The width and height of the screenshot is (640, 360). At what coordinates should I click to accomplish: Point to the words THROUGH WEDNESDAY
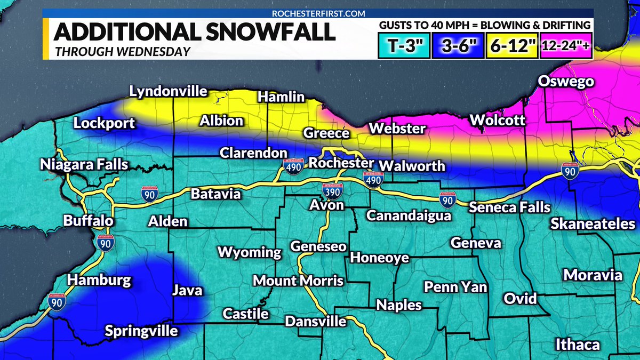pos(122,52)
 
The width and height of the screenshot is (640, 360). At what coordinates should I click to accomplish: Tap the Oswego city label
pos(565,82)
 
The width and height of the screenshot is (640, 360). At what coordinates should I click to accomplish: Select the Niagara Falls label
pos(84,164)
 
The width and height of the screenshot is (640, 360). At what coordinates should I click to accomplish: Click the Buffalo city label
pos(88,220)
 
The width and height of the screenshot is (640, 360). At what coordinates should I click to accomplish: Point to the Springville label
pos(141,331)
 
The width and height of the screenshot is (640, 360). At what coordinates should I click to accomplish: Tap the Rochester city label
pos(342,163)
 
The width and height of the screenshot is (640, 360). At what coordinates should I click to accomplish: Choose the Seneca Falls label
pos(509,207)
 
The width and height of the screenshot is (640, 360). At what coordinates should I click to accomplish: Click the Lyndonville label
pos(168,91)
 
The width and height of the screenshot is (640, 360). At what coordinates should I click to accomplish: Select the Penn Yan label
pos(455,287)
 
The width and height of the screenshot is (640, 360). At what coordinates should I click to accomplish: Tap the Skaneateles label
pos(593,223)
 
